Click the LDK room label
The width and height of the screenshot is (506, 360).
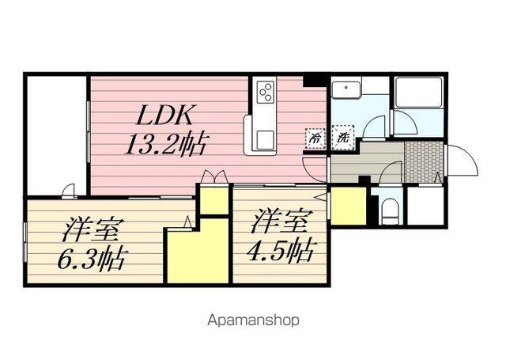coord(165,116)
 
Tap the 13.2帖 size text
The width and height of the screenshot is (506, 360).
coord(167,144)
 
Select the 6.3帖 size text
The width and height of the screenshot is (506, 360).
coord(93,259)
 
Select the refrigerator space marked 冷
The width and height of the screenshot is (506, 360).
coord(315,136)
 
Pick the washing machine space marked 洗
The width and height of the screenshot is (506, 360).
coord(342,136)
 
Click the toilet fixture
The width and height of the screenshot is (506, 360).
coord(387,209)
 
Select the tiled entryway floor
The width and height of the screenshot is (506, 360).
coord(423,162)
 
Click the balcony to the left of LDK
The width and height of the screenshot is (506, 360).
coord(55,135)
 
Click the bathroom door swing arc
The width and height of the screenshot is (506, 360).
coord(404,123)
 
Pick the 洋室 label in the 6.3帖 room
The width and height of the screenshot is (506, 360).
coord(92,231)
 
